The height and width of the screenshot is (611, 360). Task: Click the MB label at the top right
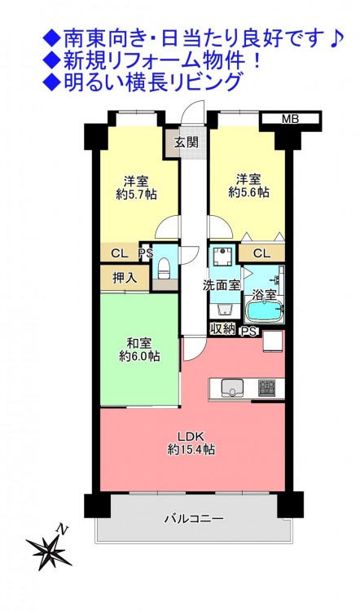tap(290, 119)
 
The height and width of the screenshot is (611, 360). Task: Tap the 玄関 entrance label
tap(186, 143)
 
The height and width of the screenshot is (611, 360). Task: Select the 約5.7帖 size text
tap(136, 195)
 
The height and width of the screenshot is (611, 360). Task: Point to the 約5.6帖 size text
tap(248, 192)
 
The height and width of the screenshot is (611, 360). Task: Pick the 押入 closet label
tap(125, 278)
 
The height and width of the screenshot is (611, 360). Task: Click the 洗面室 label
tap(221, 285)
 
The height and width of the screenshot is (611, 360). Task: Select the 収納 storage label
tap(223, 329)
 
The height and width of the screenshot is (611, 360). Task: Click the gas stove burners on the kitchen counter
tap(267, 388)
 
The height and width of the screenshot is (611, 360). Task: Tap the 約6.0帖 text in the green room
tap(139, 356)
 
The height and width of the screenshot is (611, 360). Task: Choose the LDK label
tap(191, 437)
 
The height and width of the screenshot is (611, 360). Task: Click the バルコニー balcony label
tap(194, 519)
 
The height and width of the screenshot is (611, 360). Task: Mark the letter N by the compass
tap(63, 530)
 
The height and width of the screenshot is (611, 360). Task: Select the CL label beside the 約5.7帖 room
tap(119, 254)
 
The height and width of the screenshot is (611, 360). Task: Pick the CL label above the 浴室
tap(261, 253)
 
